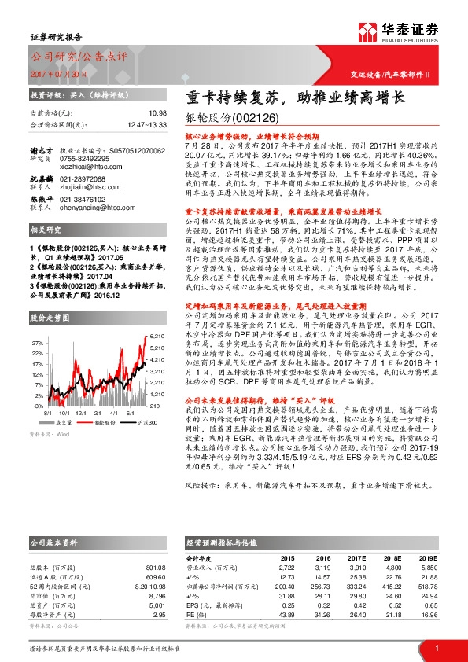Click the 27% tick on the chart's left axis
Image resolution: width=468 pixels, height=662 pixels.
pyautogui.click(x=38, y=344)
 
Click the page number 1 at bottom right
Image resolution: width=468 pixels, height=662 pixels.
pyautogui.click(x=436, y=647)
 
